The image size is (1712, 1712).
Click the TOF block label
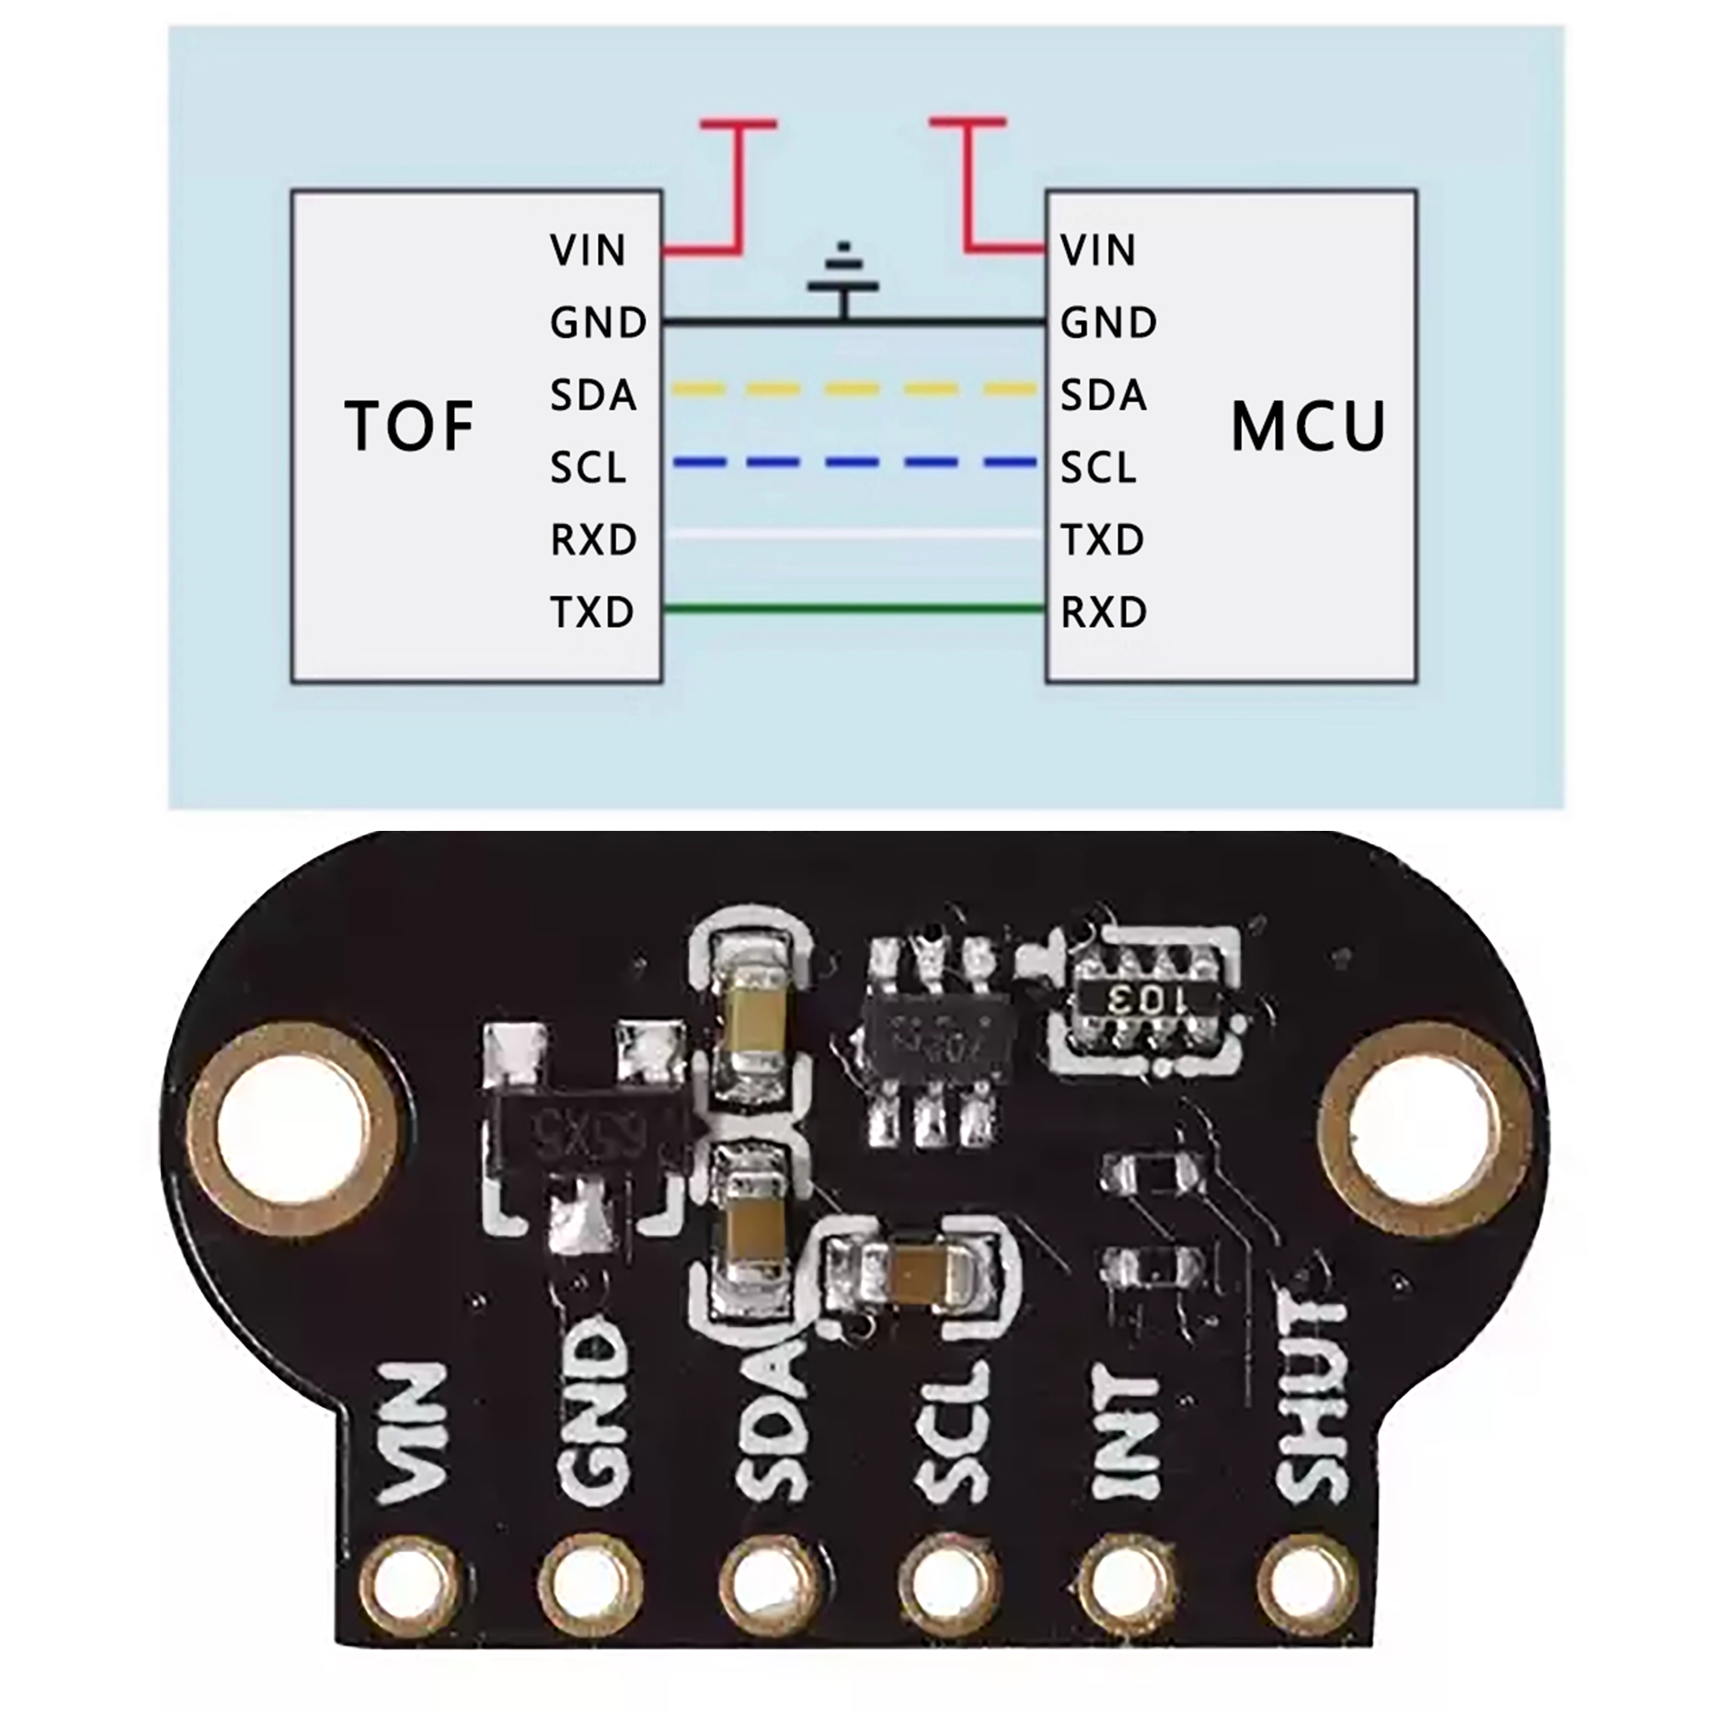(x=409, y=426)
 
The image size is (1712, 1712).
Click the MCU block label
(x=1308, y=427)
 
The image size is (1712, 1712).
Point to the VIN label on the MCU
(x=1098, y=251)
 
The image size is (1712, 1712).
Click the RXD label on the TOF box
(x=593, y=540)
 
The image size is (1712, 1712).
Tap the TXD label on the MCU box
(x=1103, y=540)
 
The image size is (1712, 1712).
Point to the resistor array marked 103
(x=1148, y=1003)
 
